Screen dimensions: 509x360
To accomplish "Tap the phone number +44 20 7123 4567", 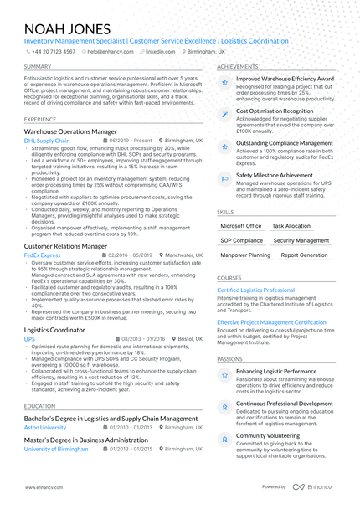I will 53,51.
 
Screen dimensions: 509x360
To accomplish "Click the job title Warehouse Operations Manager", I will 70,132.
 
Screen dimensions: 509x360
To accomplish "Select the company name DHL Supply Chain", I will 47,141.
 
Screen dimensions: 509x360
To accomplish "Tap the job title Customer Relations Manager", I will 69,247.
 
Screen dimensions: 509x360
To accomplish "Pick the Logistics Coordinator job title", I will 54,331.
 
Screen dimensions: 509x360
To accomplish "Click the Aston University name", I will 46,427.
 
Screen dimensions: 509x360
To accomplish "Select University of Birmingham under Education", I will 56,449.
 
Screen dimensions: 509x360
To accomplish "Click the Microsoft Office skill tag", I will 241,226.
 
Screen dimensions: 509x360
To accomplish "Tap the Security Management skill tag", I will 301,240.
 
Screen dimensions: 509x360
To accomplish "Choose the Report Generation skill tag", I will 304,254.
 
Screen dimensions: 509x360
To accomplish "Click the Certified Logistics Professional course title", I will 256,290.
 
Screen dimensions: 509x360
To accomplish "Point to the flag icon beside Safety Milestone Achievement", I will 224,178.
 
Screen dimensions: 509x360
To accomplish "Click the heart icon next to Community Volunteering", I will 224,438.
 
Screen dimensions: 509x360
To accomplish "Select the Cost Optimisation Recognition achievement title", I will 275,111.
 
